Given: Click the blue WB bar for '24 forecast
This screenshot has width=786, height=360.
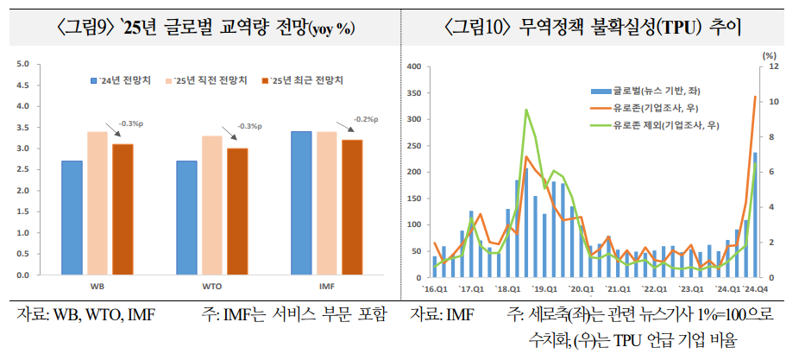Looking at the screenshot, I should [72, 217].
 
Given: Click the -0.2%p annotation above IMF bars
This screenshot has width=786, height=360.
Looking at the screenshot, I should [367, 119].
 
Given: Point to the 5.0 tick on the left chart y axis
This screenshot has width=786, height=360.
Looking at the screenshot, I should [22, 64].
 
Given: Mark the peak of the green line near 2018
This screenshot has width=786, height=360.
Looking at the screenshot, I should [525, 110].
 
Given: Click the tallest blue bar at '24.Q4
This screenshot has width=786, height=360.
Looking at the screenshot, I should [755, 215].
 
